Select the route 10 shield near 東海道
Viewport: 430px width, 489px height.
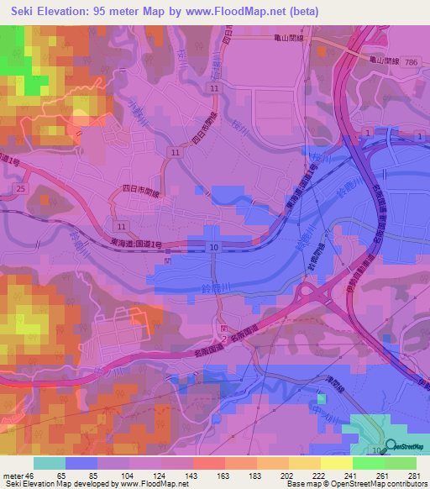(214, 246)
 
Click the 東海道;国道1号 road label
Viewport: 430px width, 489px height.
(138, 244)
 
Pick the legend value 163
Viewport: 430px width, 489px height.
(208, 476)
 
